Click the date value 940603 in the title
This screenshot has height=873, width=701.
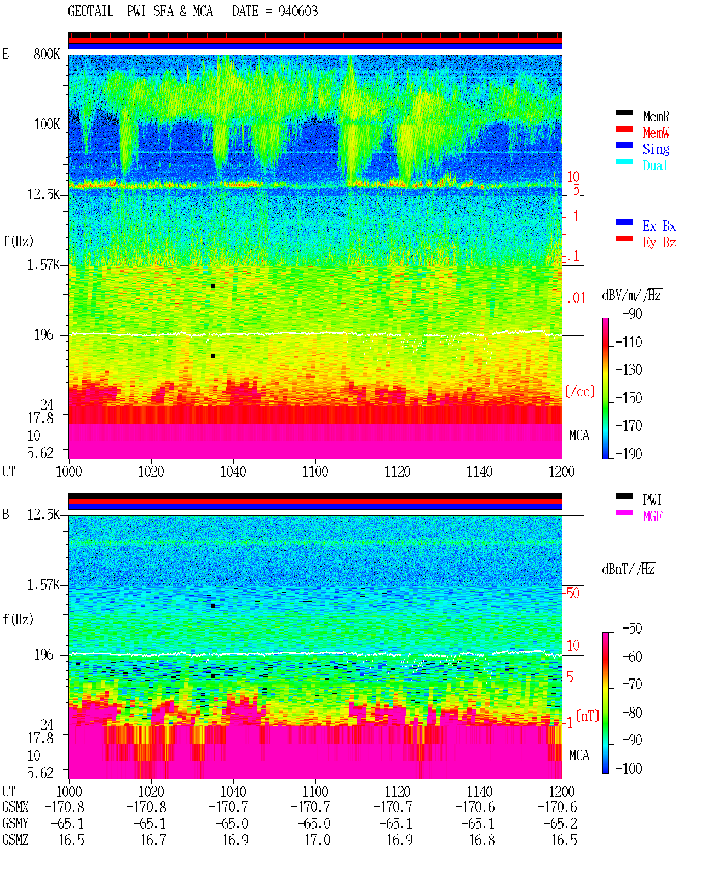click(297, 12)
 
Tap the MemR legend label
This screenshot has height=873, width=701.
click(656, 116)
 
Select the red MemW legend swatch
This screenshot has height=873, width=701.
click(624, 129)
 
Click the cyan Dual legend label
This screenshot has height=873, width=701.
click(655, 166)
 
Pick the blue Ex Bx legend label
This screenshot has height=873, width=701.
click(659, 226)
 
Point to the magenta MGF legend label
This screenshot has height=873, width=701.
click(652, 516)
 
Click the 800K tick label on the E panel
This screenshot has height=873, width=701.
click(47, 54)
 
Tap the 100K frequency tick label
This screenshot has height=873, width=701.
click(47, 124)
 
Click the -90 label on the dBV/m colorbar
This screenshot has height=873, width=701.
click(631, 313)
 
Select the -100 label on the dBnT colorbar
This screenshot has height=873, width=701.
click(628, 768)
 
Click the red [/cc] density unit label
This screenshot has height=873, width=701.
click(580, 391)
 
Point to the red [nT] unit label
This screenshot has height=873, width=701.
click(588, 716)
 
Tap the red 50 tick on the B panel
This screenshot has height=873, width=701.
click(573, 594)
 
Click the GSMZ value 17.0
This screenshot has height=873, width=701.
click(318, 840)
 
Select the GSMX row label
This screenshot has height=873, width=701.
click(15, 807)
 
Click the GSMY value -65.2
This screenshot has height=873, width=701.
click(560, 824)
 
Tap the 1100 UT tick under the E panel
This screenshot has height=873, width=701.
click(315, 472)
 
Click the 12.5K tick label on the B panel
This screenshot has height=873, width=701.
click(43, 515)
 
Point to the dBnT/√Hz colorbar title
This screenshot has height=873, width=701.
click(628, 569)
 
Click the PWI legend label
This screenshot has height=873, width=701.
click(652, 500)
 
